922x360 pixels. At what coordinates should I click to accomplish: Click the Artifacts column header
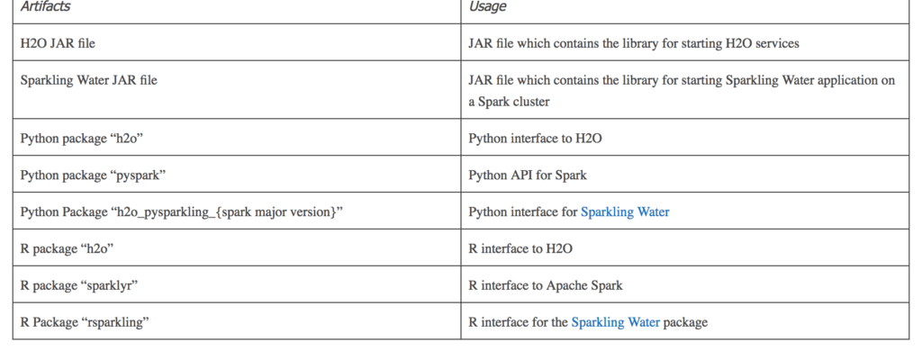pos(45,6)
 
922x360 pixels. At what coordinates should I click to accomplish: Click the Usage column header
pos(487,6)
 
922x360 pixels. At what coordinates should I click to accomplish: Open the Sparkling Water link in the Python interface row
pos(625,211)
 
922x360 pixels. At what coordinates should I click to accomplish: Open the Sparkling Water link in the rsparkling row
pos(616,322)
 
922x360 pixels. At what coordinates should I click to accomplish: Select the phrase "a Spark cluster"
pos(510,102)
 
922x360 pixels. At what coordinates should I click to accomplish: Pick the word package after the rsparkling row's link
pos(685,323)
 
